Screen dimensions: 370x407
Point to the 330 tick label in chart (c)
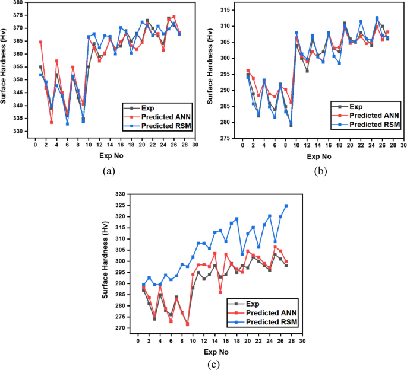click(121, 194)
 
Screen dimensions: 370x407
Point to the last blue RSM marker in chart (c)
click(286, 206)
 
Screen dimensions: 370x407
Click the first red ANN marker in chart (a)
click(40, 42)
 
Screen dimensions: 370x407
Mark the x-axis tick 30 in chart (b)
click(404, 145)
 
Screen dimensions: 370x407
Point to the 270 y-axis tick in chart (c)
click(121, 328)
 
